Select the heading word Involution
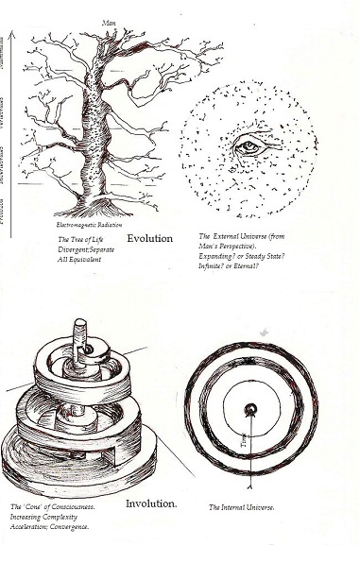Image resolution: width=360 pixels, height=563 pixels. tap(151, 503)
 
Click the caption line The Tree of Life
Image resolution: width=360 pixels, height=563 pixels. tap(80, 240)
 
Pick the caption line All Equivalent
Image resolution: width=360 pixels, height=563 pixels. tap(77, 259)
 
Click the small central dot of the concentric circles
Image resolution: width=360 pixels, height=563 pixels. tap(250, 409)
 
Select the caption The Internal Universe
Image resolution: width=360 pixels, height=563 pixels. tap(242, 507)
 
